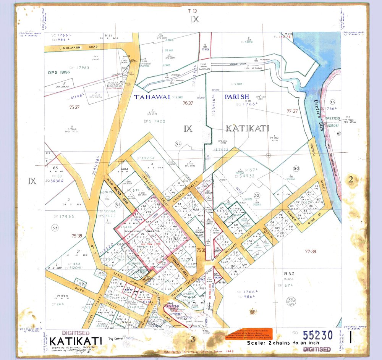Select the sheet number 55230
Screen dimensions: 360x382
point(317,335)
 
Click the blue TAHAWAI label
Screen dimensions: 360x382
point(152,97)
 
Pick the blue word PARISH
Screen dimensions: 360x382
point(236,97)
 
